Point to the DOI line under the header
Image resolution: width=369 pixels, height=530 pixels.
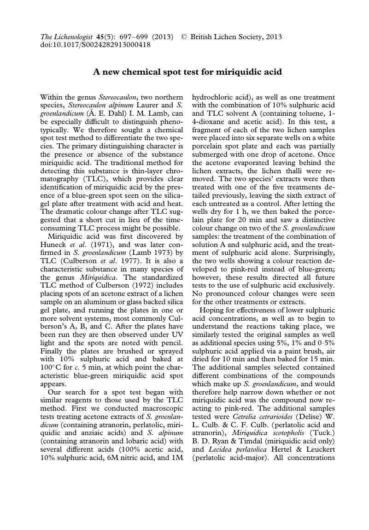[95, 45]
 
